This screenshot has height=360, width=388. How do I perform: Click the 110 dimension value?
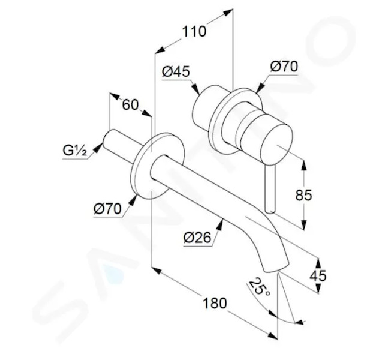click(x=194, y=31)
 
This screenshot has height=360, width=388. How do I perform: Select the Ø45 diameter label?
click(x=176, y=71)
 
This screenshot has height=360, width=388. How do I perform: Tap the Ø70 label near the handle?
click(x=284, y=67)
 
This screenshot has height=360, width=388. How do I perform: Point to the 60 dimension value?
click(x=130, y=105)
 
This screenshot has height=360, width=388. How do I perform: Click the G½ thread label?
click(x=75, y=150)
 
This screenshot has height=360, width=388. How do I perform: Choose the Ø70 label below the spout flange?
click(x=107, y=209)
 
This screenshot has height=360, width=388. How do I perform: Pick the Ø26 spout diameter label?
click(x=197, y=238)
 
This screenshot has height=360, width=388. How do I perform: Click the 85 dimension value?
click(x=304, y=195)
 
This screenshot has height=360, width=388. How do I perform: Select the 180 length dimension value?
click(x=215, y=303)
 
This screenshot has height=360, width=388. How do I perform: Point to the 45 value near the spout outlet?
click(x=318, y=275)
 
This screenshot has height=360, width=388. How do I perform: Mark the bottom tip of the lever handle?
click(x=269, y=211)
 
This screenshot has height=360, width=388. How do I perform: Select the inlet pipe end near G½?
click(x=108, y=139)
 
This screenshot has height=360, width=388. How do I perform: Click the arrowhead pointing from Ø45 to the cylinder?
click(x=195, y=89)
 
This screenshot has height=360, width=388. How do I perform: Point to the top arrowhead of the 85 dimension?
click(x=304, y=164)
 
